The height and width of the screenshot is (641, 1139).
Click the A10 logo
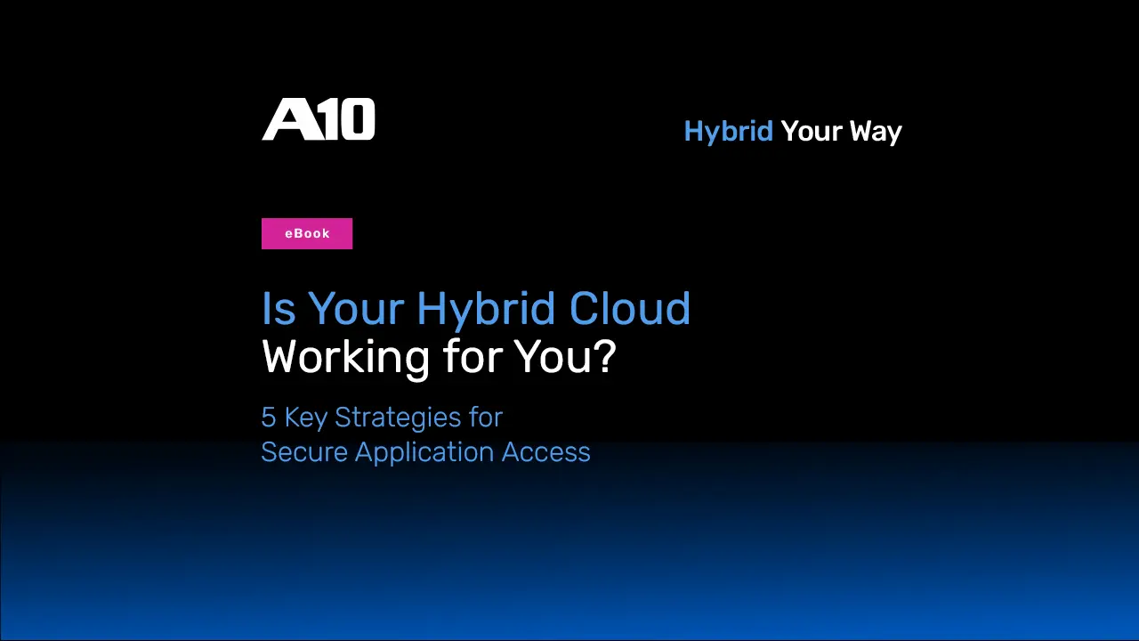[x=319, y=119]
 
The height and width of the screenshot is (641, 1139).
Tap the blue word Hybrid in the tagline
[x=728, y=133]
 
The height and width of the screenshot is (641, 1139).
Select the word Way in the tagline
[x=876, y=133]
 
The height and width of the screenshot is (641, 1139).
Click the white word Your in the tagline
[x=812, y=131]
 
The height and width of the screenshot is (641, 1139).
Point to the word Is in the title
[x=279, y=308]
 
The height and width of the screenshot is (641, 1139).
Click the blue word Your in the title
[x=357, y=308]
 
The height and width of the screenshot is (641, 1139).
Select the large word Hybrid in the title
[x=486, y=309]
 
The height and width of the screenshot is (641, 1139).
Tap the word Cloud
[x=629, y=308]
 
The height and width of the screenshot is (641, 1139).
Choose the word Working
[x=346, y=358]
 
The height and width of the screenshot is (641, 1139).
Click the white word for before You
[x=473, y=356]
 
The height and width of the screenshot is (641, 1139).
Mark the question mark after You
[x=606, y=356]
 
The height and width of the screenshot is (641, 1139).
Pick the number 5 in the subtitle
[x=269, y=418]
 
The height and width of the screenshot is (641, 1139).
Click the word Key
[x=305, y=418]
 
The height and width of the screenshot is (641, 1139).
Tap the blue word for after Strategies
[x=486, y=418]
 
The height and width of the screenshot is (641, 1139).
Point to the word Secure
[x=304, y=451]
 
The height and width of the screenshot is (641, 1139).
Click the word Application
[x=424, y=453]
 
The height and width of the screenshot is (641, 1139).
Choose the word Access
[x=545, y=451]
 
